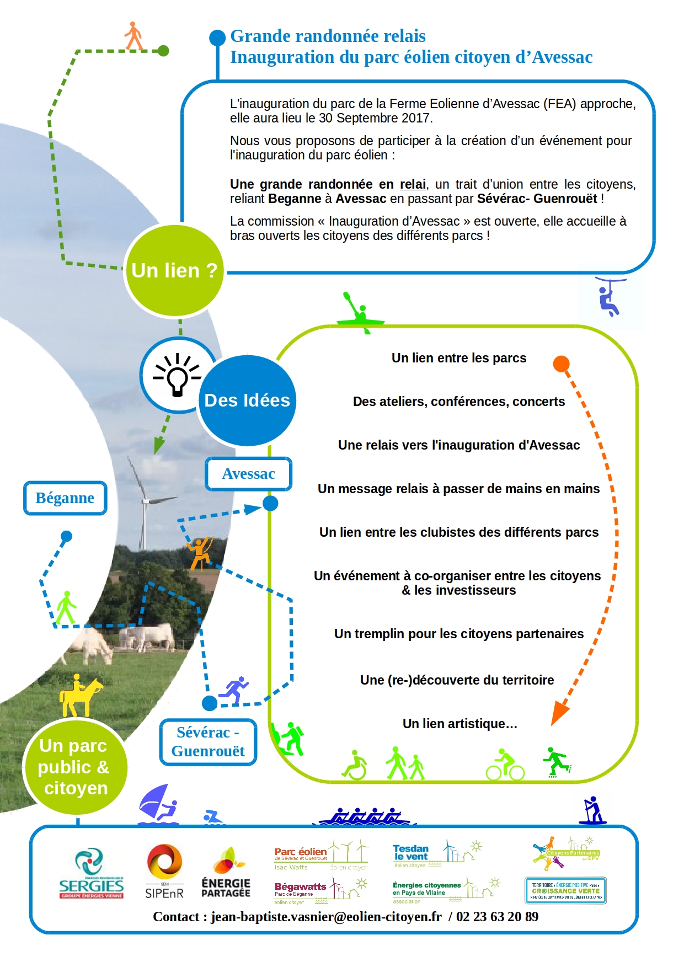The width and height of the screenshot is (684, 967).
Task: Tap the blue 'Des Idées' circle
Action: pyautogui.click(x=247, y=400)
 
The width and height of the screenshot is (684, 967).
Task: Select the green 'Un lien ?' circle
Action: pyautogui.click(x=174, y=270)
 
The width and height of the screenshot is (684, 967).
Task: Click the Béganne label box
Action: pyautogui.click(x=65, y=498)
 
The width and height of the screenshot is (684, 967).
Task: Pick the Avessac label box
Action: pyautogui.click(x=248, y=474)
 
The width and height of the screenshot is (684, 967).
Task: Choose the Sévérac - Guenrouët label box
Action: pyautogui.click(x=208, y=742)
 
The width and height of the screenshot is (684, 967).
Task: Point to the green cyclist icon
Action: pyautogui.click(x=505, y=765)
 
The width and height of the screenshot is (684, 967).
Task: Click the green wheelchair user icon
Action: pyautogui.click(x=355, y=765)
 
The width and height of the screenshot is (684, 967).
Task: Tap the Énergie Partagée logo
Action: pyautogui.click(x=226, y=873)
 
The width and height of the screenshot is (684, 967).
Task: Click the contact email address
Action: pyautogui.click(x=326, y=917)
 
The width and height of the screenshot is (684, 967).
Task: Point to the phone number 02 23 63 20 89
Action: pyautogui.click(x=497, y=917)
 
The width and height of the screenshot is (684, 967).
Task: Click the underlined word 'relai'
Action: pyautogui.click(x=413, y=184)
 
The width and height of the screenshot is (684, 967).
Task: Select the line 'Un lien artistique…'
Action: pyautogui.click(x=459, y=724)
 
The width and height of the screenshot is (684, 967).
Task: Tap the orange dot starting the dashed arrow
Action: pyautogui.click(x=561, y=364)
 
